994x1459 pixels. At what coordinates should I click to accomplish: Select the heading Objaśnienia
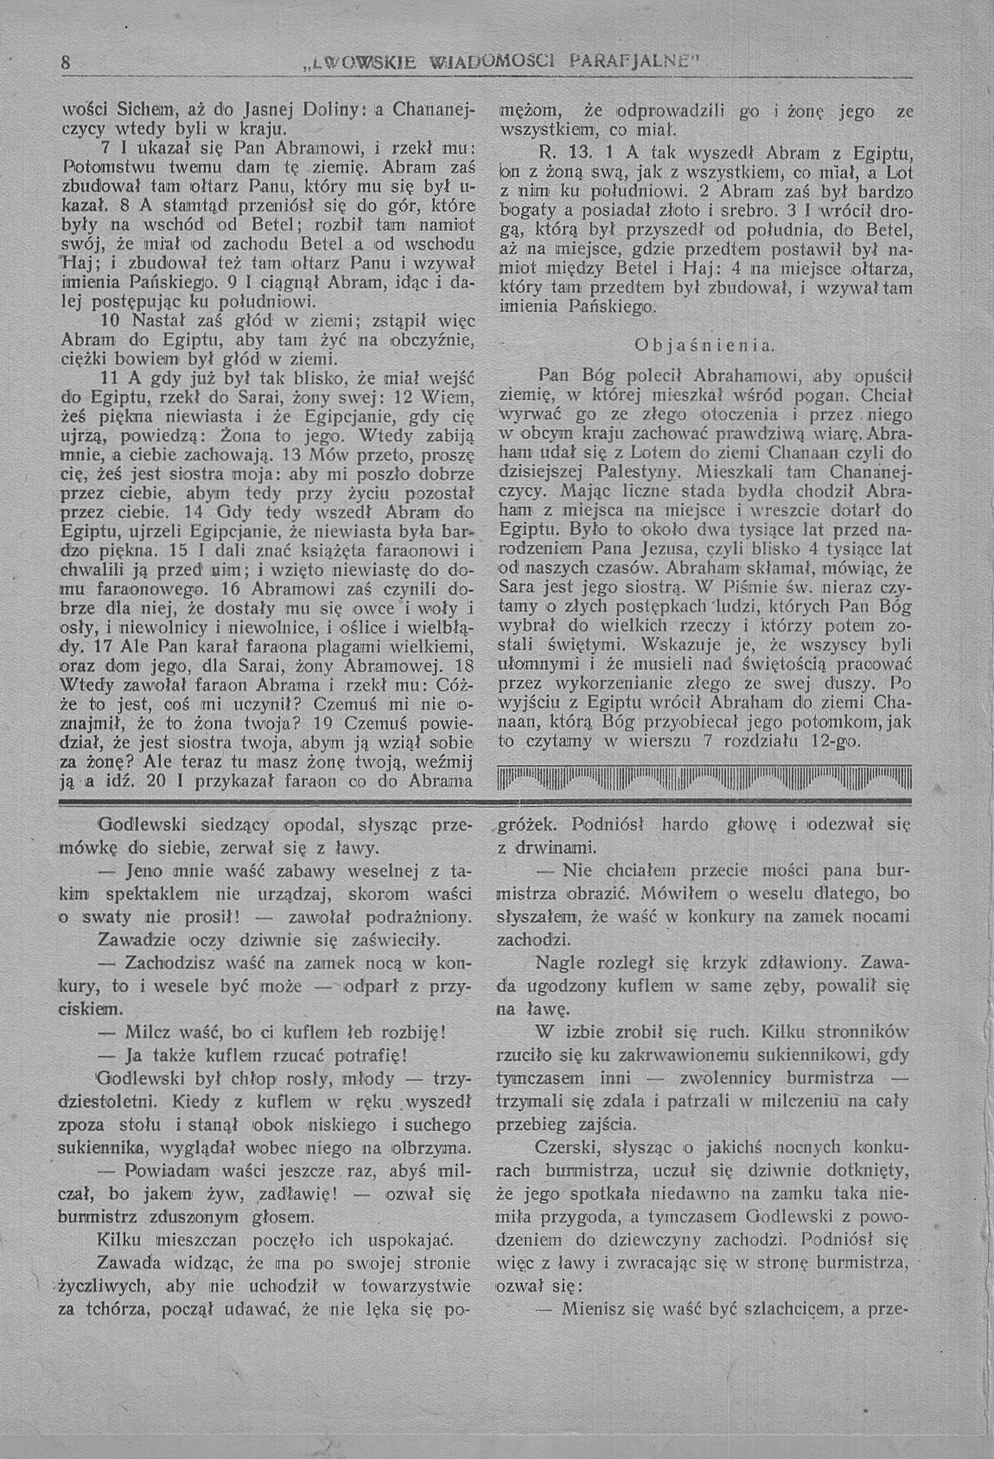pyautogui.click(x=705, y=345)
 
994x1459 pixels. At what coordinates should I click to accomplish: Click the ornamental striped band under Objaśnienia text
pyautogui.click(x=703, y=780)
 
